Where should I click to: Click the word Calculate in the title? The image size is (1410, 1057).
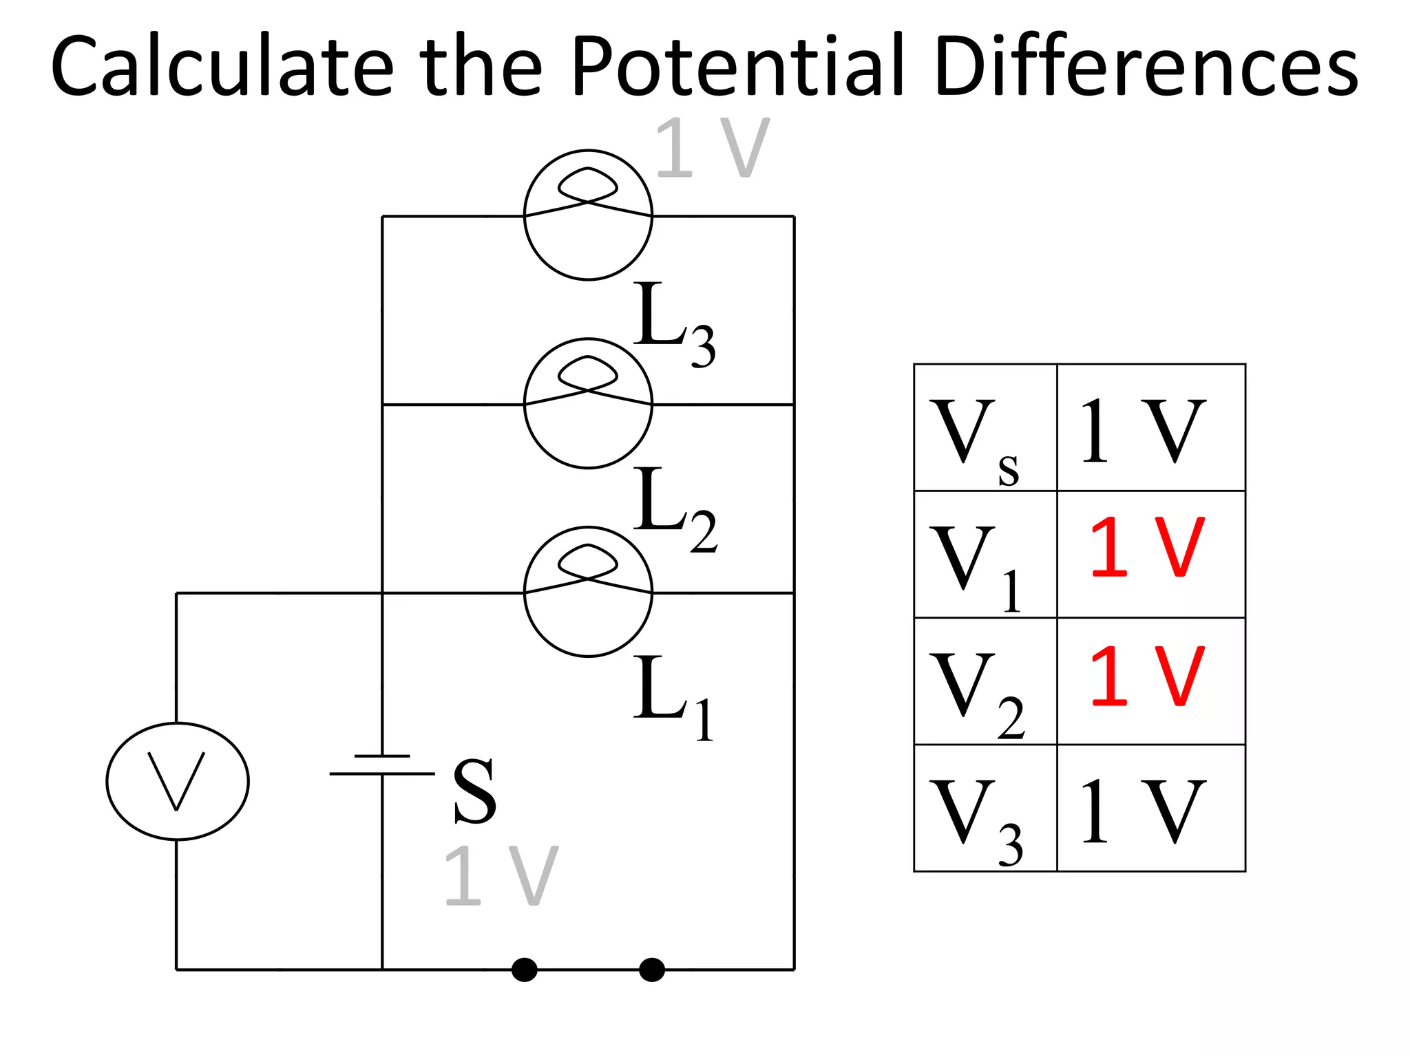coord(222,67)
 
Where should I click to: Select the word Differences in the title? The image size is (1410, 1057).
coord(1146,67)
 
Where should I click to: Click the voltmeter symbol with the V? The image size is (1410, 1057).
coord(178,781)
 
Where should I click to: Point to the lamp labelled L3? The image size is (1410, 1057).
coord(588,215)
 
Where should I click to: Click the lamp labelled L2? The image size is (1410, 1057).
coord(588,403)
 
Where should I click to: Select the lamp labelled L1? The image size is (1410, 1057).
coord(588,592)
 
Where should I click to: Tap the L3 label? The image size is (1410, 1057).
coord(673,323)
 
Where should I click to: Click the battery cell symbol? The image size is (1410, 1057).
coord(382,765)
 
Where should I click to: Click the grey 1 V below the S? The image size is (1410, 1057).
coord(501,875)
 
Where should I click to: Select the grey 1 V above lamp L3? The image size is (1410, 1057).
coord(712,147)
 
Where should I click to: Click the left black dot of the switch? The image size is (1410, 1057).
coord(524,970)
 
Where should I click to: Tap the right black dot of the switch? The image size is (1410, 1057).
coord(651,970)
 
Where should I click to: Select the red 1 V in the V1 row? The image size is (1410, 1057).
coord(1147,548)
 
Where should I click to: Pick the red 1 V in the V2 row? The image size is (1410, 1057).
coord(1147,676)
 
